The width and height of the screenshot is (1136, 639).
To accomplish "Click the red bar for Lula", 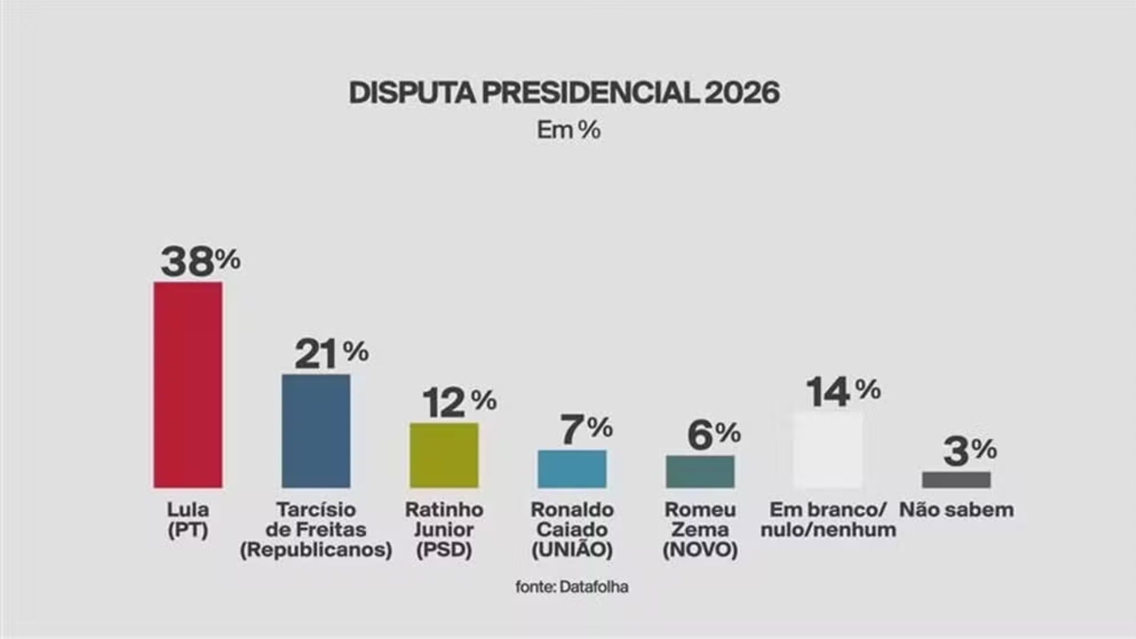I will (x=188, y=385).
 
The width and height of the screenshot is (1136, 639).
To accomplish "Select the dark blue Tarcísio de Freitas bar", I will (x=316, y=431).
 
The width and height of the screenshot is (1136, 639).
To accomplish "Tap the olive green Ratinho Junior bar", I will (x=444, y=455).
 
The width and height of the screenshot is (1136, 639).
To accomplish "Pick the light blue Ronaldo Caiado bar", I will (x=572, y=469).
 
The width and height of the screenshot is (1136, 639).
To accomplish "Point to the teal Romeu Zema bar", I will (x=700, y=472).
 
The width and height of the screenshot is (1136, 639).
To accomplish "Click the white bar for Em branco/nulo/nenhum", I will (x=828, y=450).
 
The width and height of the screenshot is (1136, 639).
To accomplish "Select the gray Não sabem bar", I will (x=956, y=480).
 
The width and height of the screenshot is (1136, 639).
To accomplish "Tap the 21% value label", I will (x=331, y=354).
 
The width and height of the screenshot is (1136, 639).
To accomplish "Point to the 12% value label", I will (x=459, y=402).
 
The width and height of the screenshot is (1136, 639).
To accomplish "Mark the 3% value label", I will (x=969, y=451).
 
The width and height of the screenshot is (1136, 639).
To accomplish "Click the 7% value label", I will (x=586, y=429).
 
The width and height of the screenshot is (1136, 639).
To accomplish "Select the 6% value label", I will (x=714, y=435).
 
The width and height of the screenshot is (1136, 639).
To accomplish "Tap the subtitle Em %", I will (x=569, y=130).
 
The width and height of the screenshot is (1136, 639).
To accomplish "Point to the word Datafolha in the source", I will (x=593, y=587).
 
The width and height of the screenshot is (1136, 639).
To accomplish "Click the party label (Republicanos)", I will (x=316, y=550).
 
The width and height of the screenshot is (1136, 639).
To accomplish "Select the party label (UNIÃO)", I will (x=572, y=550).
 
